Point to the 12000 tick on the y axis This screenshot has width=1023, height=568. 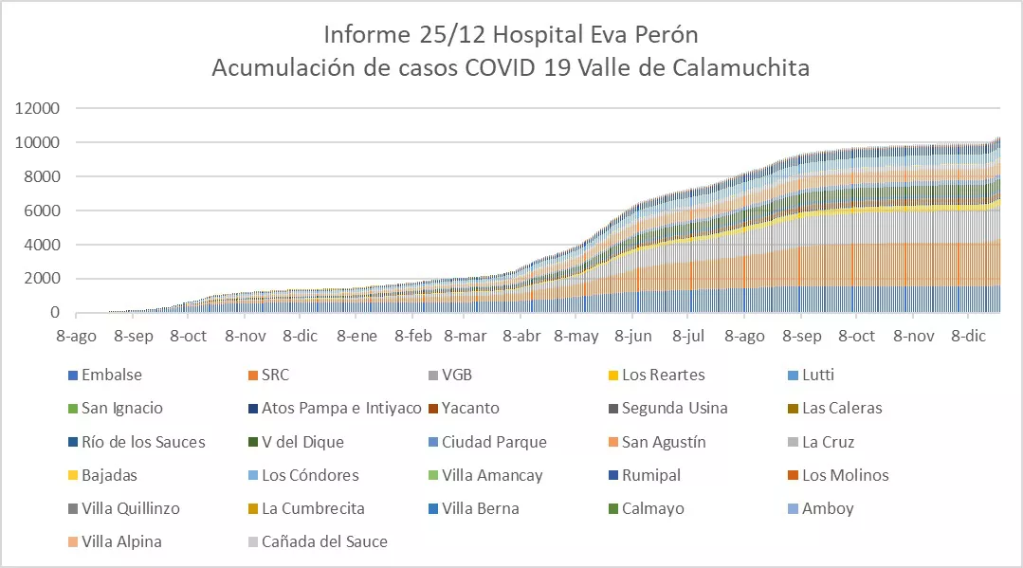coord(38,108)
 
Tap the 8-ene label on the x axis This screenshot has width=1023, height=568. coord(356,336)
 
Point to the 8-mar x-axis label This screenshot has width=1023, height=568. coord(465,336)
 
